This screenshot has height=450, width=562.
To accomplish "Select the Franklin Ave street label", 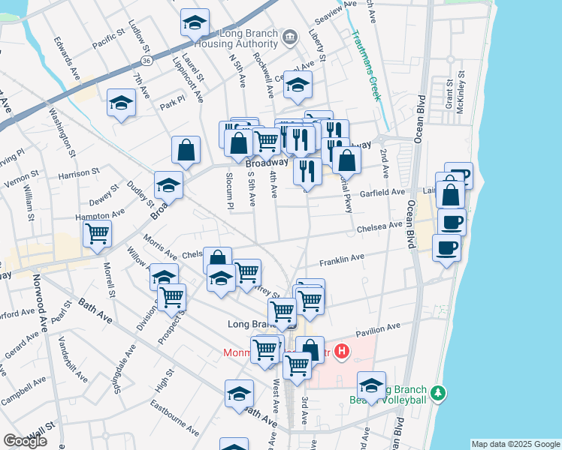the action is click(x=342, y=260).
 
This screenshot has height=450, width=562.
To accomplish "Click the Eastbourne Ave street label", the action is click(x=174, y=421).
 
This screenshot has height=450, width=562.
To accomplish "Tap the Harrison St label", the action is click(x=79, y=174).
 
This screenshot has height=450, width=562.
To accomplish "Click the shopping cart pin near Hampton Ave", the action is click(x=98, y=234).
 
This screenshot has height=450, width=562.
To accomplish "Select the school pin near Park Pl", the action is click(x=121, y=103).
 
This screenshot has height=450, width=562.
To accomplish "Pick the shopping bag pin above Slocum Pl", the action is click(x=186, y=149).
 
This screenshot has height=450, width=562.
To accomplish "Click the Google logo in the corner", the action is click(x=25, y=441).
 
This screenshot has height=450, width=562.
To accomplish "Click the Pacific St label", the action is click(x=109, y=40).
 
